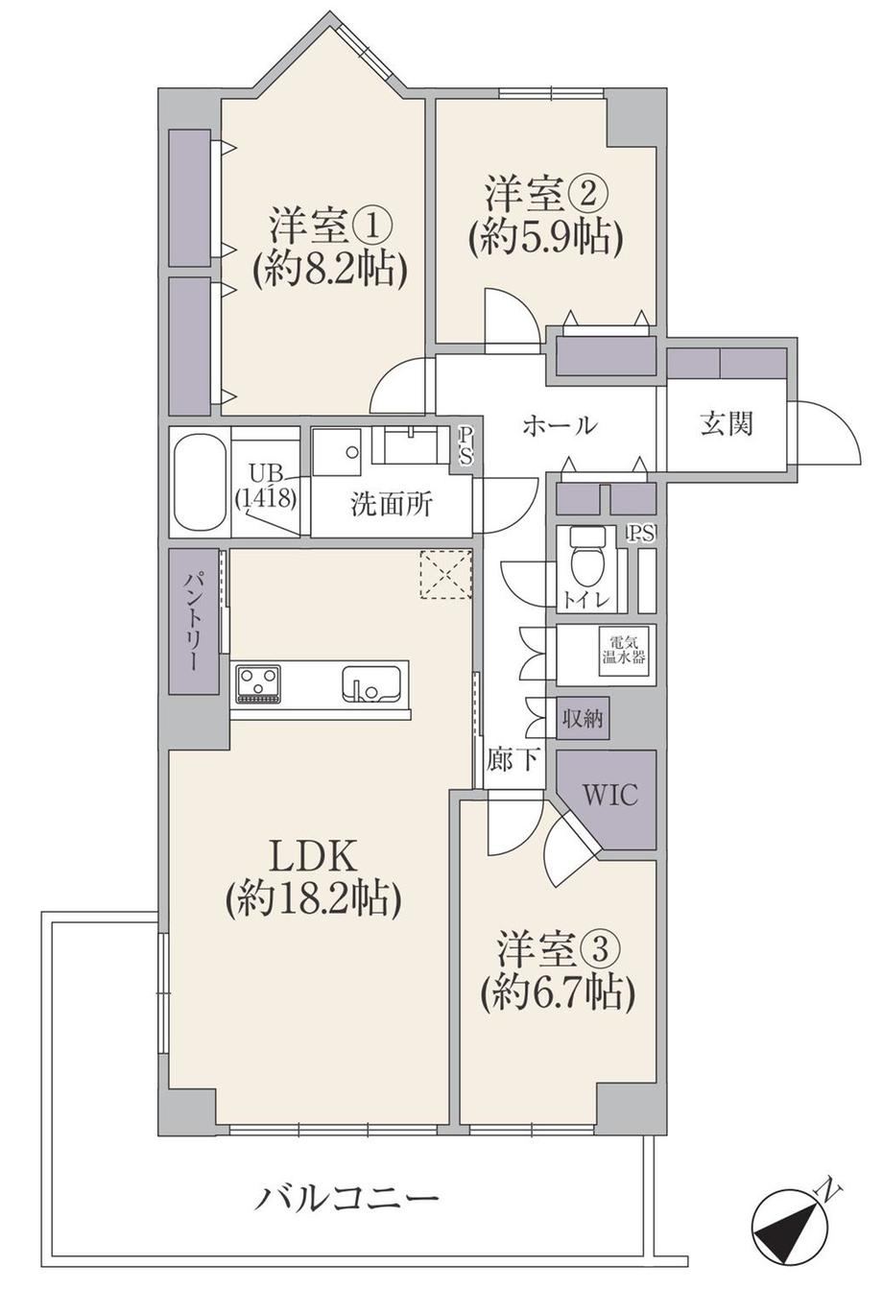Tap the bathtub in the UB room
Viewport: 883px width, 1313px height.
[202, 482]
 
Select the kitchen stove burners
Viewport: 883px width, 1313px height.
[258, 683]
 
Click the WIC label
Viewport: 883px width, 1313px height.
[609, 796]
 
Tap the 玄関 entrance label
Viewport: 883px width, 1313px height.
[727, 424]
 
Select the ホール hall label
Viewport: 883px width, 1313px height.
[560, 424]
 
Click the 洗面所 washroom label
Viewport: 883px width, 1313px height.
[392, 504]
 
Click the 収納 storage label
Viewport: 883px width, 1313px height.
[583, 719]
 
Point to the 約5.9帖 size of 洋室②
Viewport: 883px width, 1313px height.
[545, 239]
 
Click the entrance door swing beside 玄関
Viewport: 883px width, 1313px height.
[825, 432]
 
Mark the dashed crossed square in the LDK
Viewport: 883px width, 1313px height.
[445, 574]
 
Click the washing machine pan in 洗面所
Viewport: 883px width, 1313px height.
[337, 452]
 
